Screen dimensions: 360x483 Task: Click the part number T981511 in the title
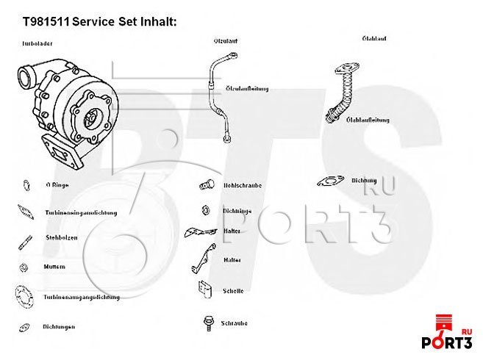[45, 21]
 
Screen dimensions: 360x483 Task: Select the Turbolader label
[37, 44]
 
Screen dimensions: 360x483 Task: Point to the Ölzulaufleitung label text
[247, 88]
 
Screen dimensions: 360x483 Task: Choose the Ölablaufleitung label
[368, 119]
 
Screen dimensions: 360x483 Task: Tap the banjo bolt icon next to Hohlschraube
[207, 184]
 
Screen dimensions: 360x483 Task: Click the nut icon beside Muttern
[24, 266]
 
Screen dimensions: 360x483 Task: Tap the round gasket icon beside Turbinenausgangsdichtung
[23, 296]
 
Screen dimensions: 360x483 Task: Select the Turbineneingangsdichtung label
[81, 212]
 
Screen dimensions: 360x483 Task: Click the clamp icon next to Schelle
[205, 289]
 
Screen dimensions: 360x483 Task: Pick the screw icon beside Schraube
[207, 322]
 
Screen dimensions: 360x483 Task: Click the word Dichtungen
[60, 327]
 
